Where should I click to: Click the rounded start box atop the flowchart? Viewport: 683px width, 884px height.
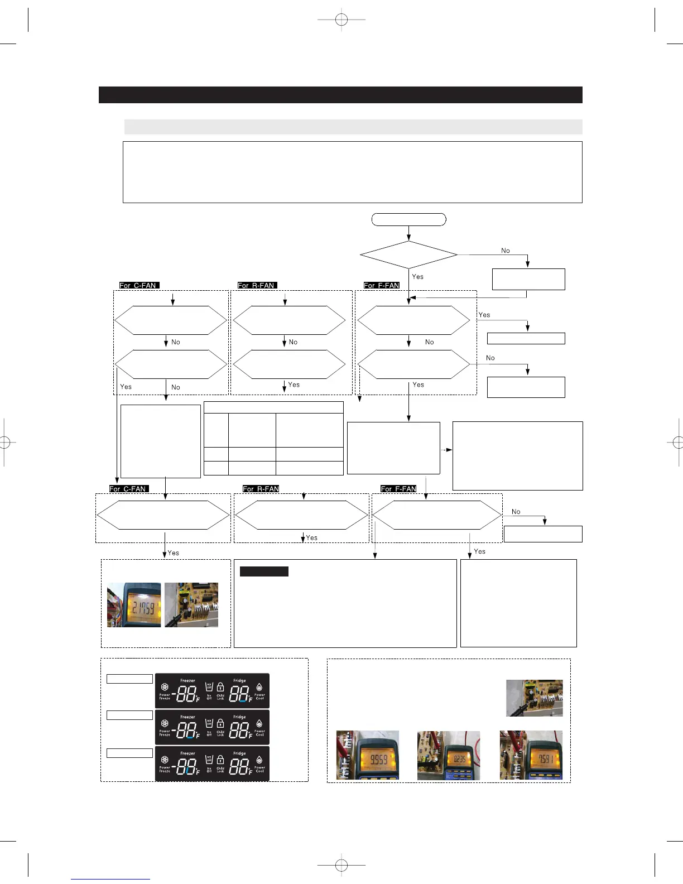tap(408, 219)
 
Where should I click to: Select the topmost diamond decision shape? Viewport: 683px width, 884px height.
tap(408, 255)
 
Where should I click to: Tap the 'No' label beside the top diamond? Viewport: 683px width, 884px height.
tap(506, 251)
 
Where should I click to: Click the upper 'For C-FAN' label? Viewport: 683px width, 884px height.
tap(139, 285)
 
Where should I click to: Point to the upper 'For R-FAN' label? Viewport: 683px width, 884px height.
tap(257, 285)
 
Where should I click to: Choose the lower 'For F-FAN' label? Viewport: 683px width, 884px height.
tap(398, 489)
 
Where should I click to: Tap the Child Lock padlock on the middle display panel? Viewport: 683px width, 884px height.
tap(220, 723)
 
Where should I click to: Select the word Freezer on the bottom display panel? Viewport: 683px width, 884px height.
tap(187, 753)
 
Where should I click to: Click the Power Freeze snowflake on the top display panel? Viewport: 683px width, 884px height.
tap(165, 688)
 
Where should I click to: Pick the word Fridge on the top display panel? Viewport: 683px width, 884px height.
tap(239, 681)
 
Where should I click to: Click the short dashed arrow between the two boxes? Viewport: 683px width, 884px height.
tap(446, 449)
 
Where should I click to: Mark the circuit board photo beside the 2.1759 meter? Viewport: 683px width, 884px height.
tap(191, 605)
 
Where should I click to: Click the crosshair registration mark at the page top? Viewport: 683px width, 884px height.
tap(341, 20)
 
